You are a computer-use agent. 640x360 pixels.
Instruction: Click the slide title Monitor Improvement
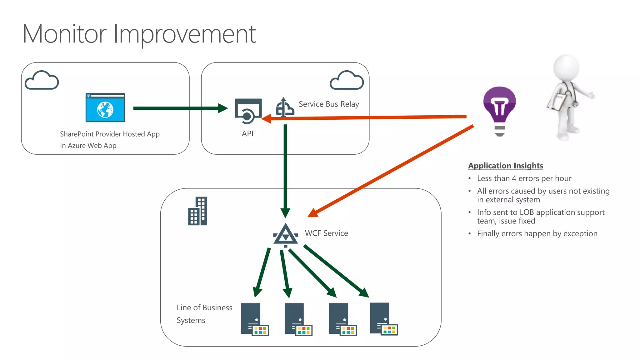[139, 34]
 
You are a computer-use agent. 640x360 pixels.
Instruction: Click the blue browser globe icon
[105, 108]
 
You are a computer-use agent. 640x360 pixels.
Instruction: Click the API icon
[248, 111]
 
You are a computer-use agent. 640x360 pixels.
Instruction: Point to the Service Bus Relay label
[329, 104]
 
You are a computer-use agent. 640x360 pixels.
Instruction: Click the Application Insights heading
[505, 166]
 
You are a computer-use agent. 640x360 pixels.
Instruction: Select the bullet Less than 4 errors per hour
[524, 178]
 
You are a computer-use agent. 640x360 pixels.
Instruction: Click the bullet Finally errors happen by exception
[537, 234]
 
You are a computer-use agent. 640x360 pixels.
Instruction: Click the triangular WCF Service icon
[285, 234]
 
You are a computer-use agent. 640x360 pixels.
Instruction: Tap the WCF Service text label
[326, 233]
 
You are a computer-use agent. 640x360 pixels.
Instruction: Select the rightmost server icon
[383, 319]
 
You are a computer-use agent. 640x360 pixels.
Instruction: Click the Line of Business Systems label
[204, 314]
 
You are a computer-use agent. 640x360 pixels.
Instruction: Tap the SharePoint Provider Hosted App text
[110, 134]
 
